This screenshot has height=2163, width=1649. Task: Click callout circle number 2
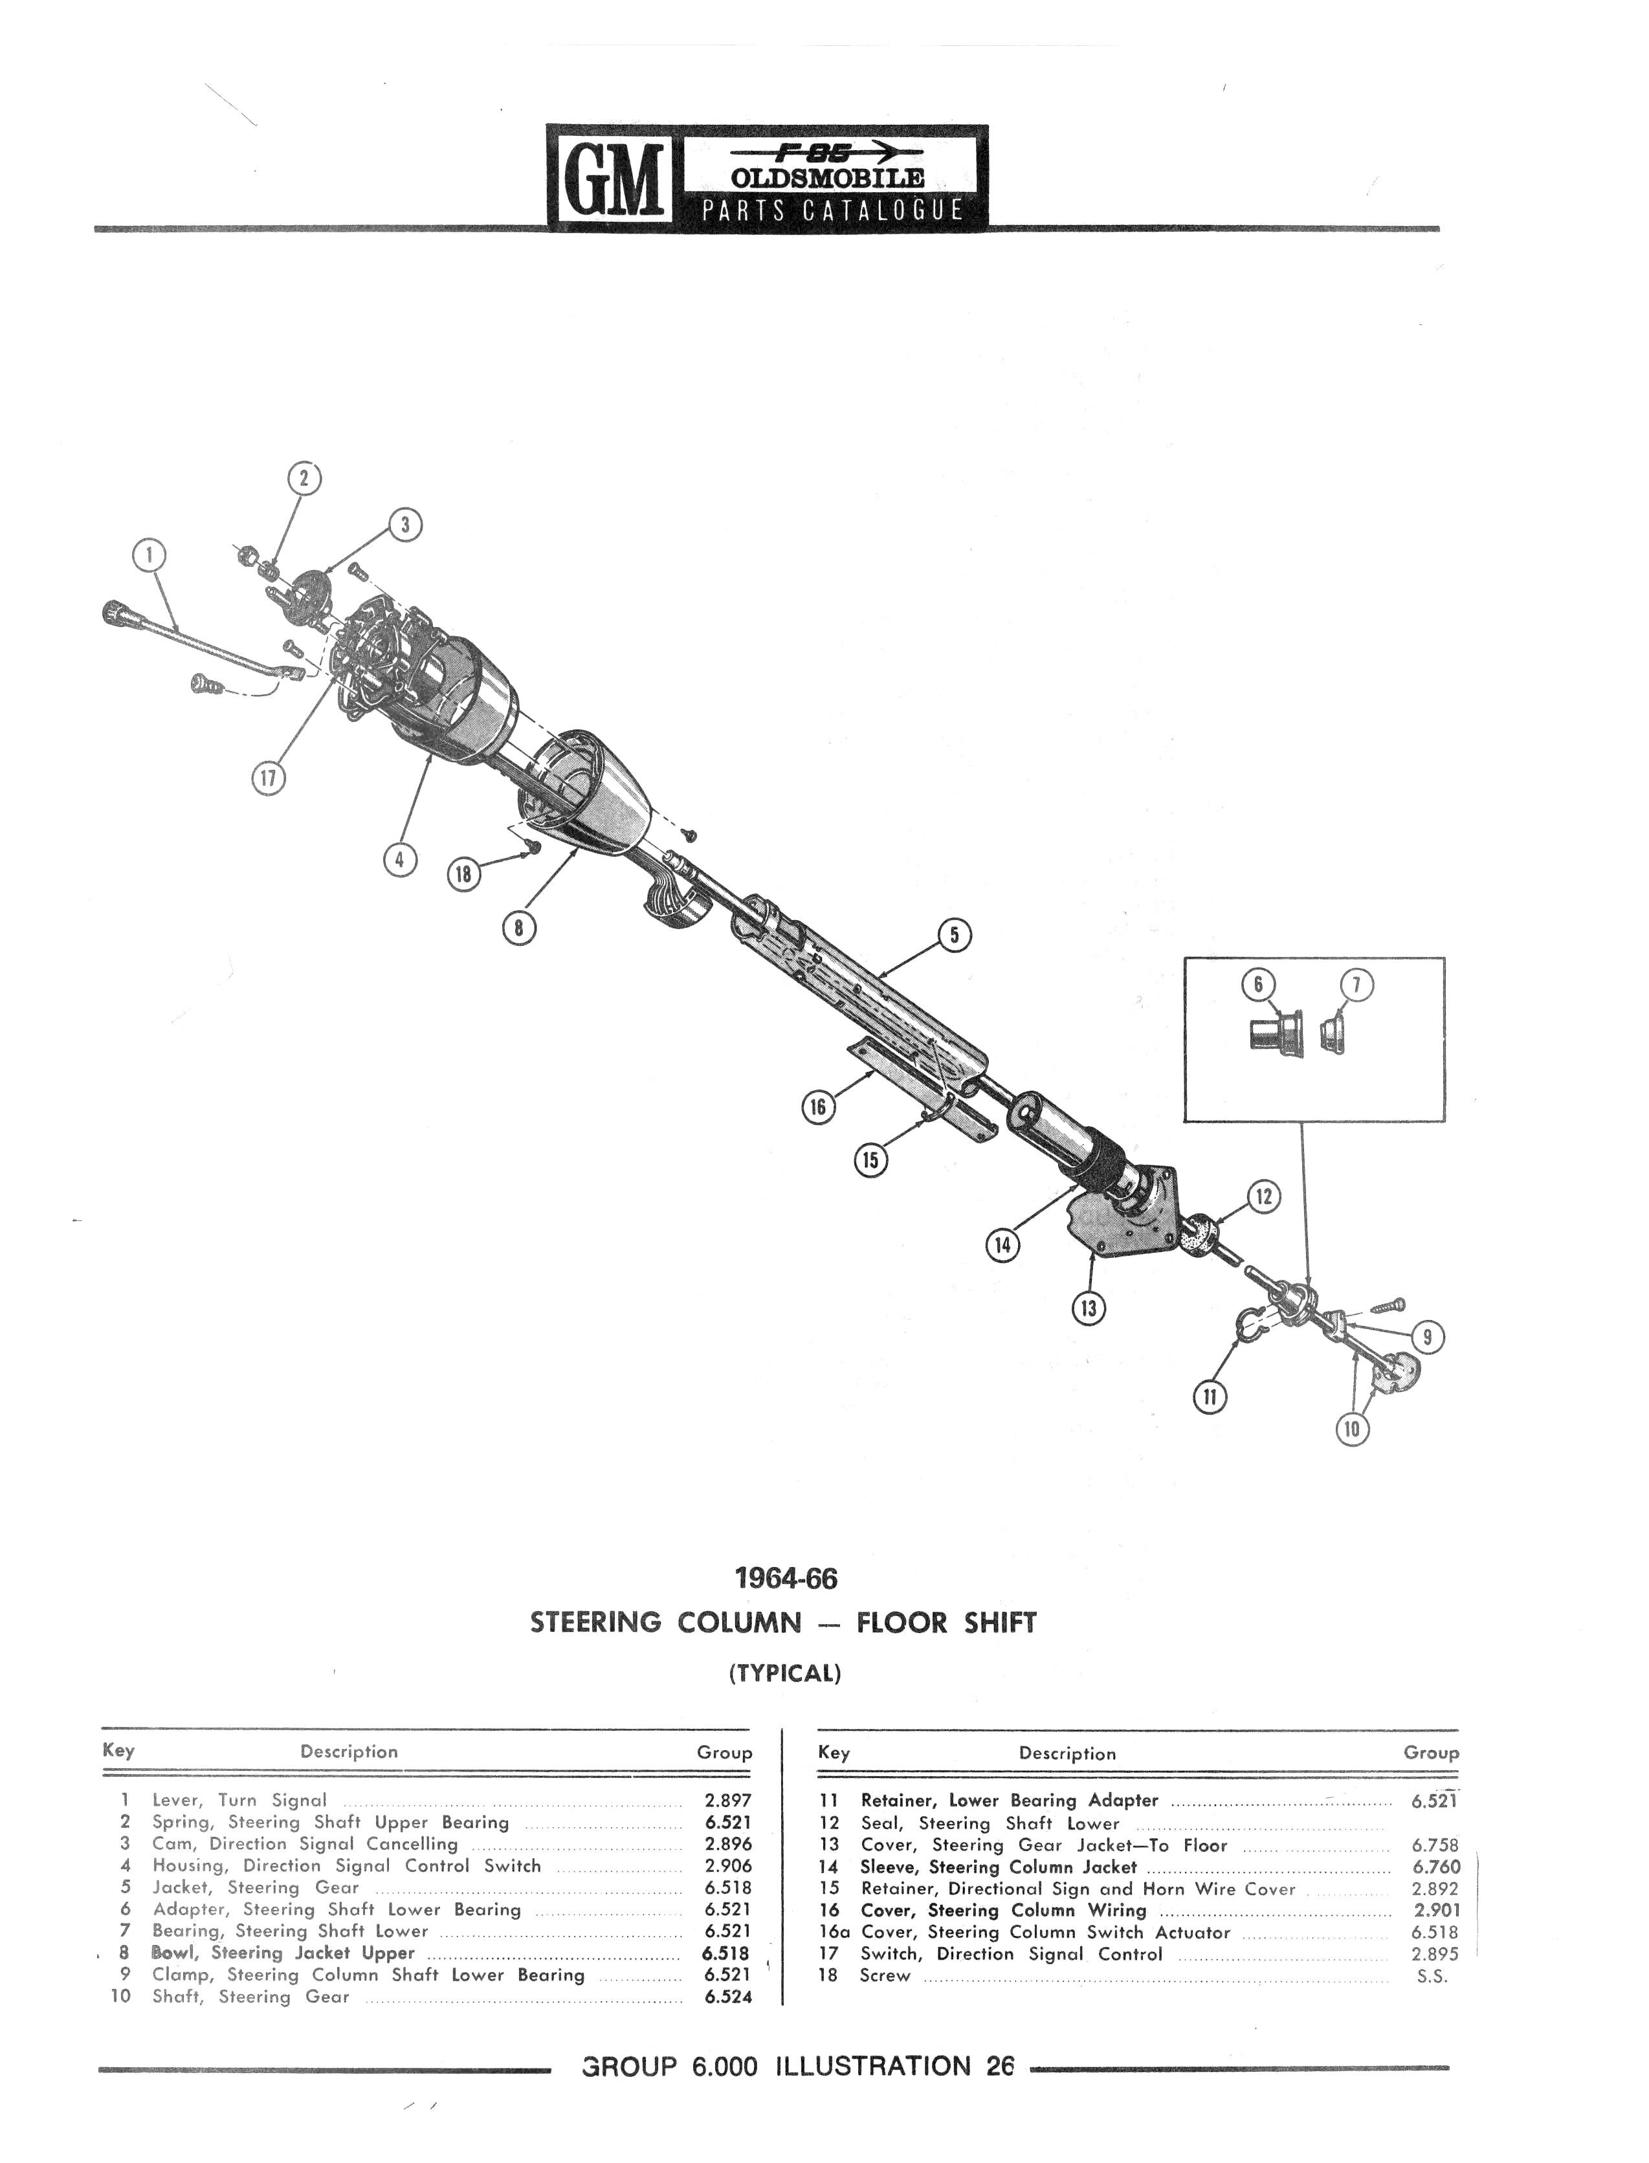[x=304, y=478]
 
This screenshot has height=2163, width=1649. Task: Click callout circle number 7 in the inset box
[x=1356, y=985]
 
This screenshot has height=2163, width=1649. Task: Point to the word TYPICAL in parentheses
[x=785, y=1673]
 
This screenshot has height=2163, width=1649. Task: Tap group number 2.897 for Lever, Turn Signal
[x=727, y=1800]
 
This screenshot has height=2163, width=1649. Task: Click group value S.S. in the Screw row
[x=1432, y=1975]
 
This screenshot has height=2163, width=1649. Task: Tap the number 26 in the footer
[x=999, y=2066]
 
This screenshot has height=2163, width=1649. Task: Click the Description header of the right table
[x=1067, y=1753]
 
